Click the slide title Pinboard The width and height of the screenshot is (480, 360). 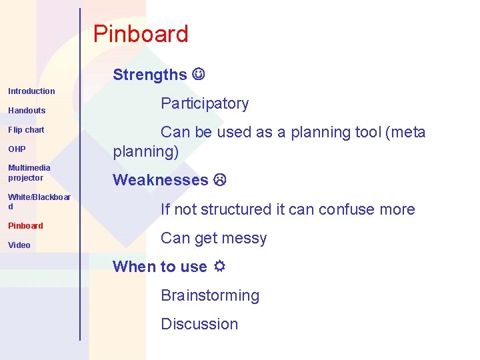(x=141, y=34)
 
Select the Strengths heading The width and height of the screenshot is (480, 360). (x=150, y=75)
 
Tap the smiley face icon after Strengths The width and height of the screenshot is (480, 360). (x=199, y=74)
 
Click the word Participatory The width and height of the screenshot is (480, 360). (x=205, y=103)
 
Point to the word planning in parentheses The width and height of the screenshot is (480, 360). (x=145, y=151)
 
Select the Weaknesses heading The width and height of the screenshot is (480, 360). (x=161, y=180)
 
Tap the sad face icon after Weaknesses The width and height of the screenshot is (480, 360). (x=220, y=180)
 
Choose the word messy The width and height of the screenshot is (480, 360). (x=246, y=238)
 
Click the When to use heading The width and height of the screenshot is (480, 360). (x=160, y=267)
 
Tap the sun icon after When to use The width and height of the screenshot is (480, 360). (x=219, y=267)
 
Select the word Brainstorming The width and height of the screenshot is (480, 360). (x=210, y=295)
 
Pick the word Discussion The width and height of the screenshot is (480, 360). (x=199, y=324)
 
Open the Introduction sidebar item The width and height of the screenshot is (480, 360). (x=31, y=91)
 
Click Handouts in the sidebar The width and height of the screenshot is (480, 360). (x=27, y=110)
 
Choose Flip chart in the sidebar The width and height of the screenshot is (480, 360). (x=26, y=129)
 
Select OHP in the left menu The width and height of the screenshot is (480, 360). (x=17, y=149)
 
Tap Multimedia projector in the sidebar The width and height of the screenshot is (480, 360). (x=29, y=173)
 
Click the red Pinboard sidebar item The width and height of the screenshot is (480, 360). (x=25, y=225)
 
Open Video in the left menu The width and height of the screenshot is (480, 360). (x=19, y=245)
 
